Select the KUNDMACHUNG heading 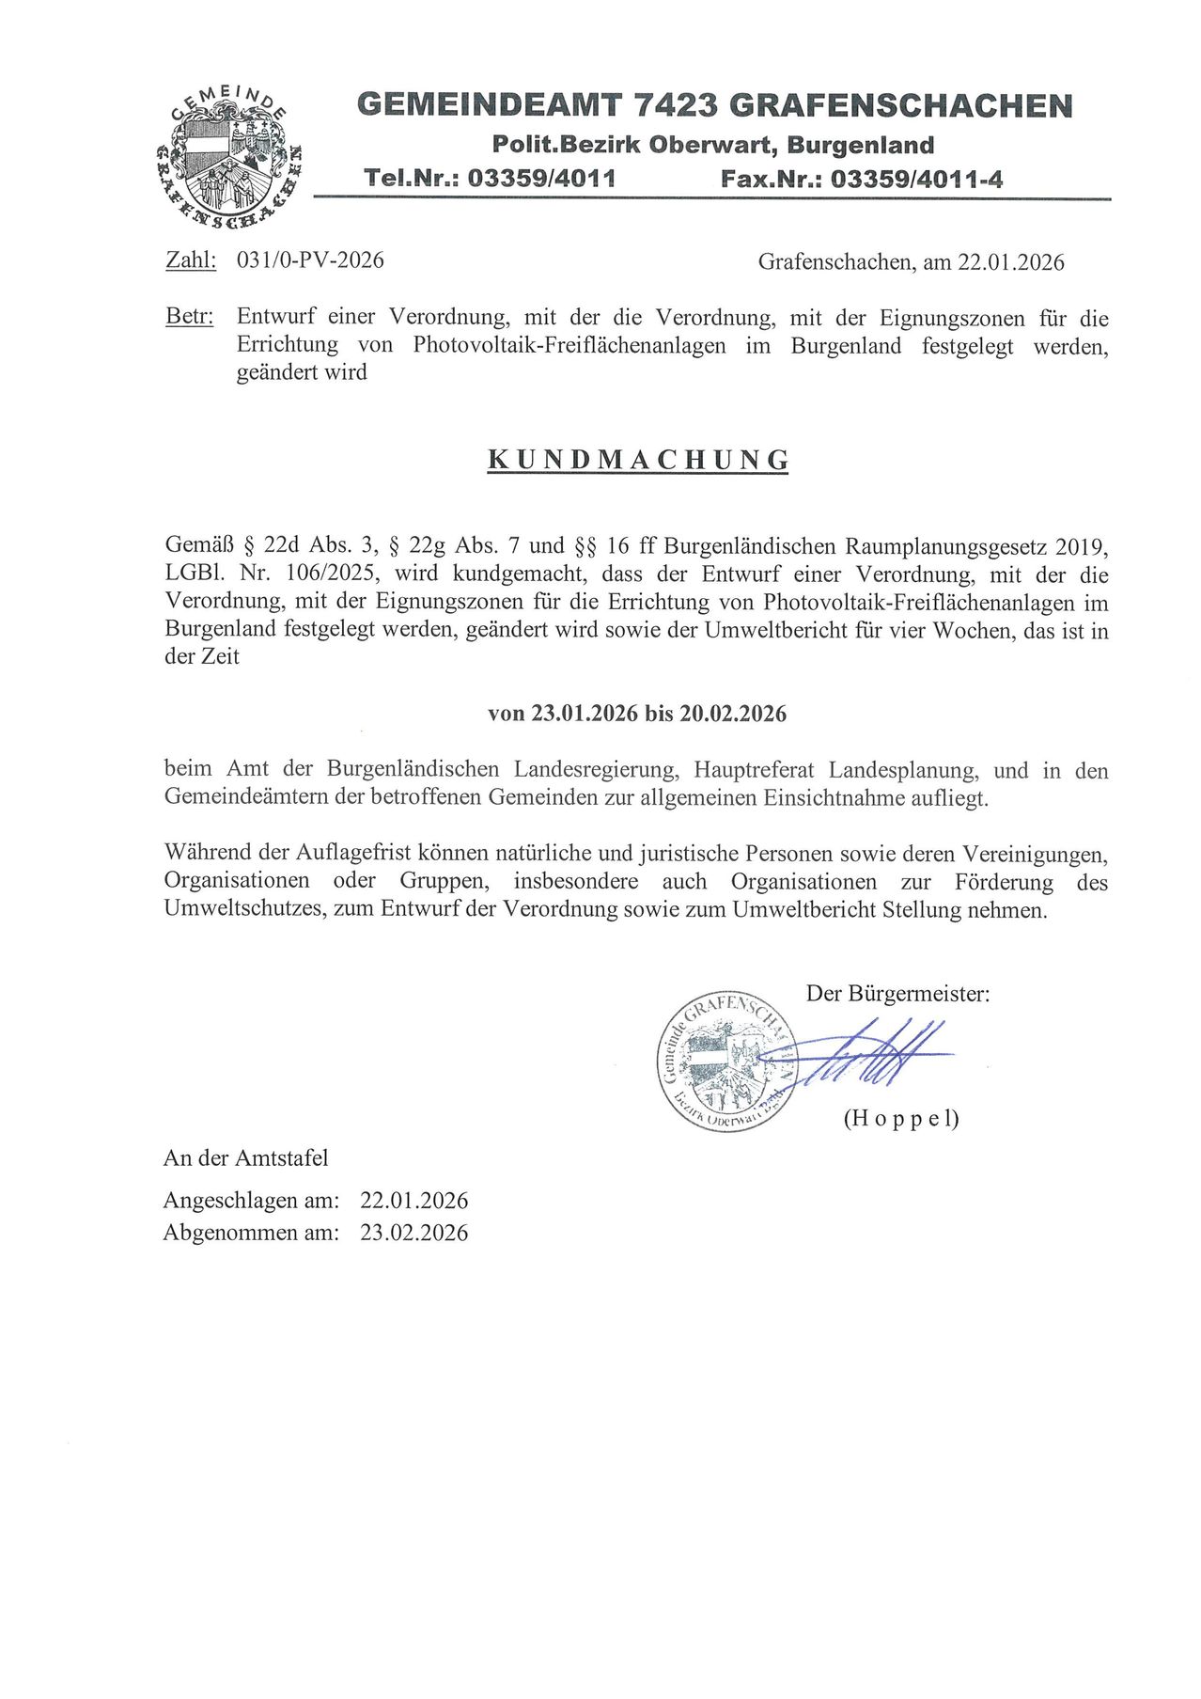(638, 460)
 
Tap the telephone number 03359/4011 (541, 178)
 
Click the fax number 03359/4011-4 (916, 179)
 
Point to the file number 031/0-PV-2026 (310, 260)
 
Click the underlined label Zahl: (191, 260)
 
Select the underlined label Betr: (189, 317)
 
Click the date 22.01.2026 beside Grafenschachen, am (1010, 262)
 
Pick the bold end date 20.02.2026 (733, 714)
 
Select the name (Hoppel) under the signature (901, 1118)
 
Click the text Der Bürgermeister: (897, 994)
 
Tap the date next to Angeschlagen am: (413, 1201)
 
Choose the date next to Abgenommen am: (413, 1233)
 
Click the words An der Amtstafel (246, 1157)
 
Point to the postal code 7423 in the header (674, 105)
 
